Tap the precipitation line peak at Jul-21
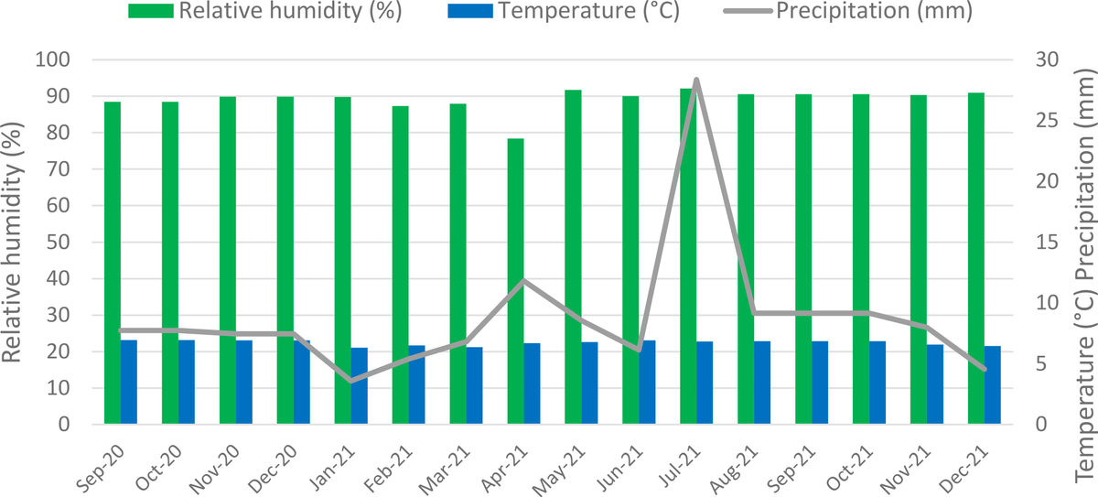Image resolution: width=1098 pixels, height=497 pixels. pos(696,81)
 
